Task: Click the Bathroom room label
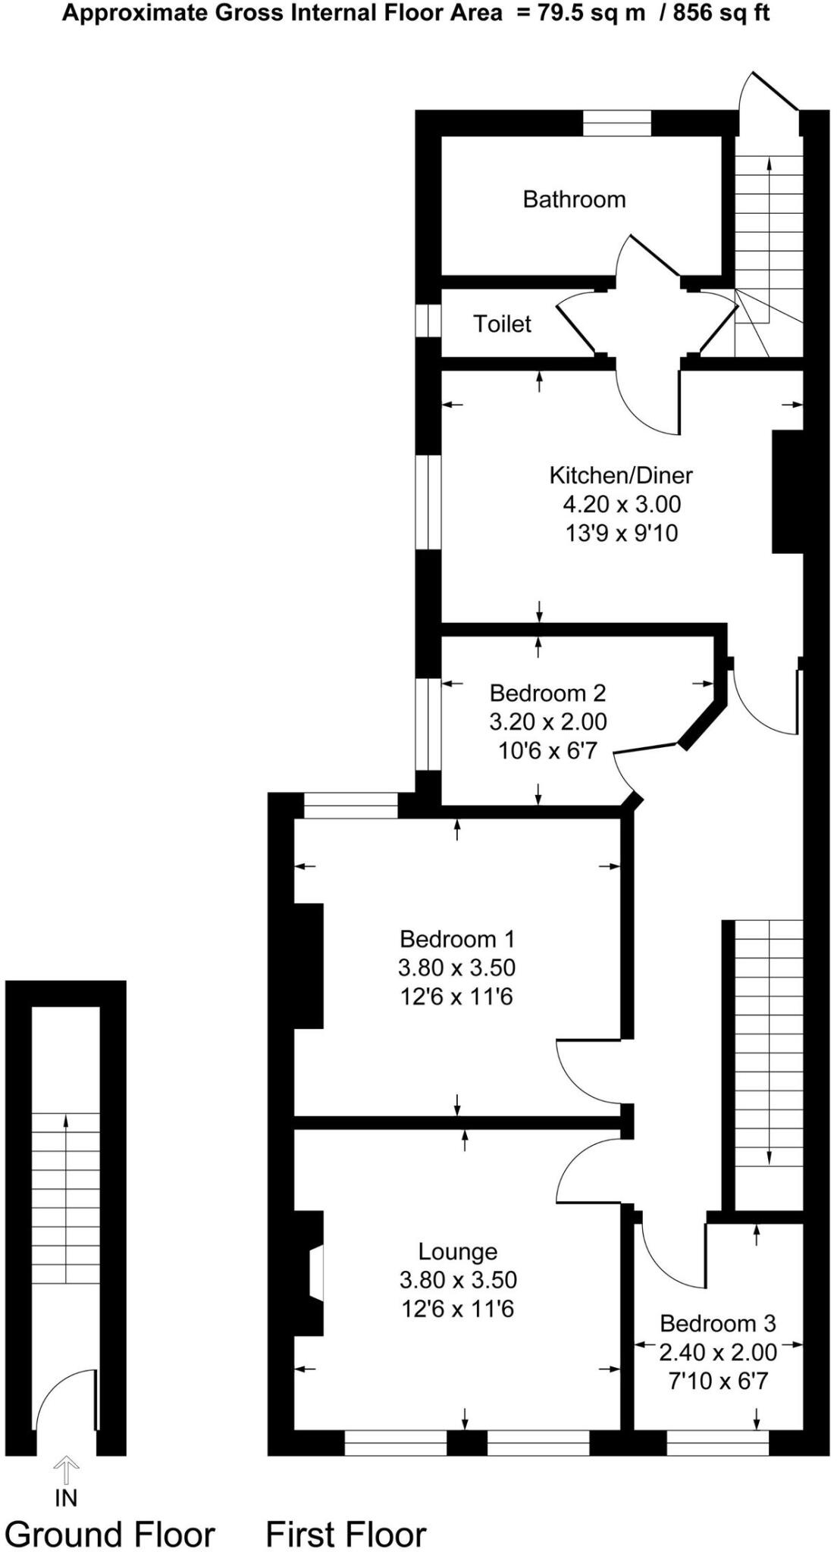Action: tap(574, 199)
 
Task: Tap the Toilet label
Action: tap(502, 324)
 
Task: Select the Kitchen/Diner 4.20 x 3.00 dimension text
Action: tap(622, 504)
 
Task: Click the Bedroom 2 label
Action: tap(547, 693)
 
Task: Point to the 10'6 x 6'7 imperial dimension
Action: tap(547, 750)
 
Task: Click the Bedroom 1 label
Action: tap(456, 939)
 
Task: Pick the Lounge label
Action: tap(457, 1251)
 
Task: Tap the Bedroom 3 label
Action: tap(717, 1323)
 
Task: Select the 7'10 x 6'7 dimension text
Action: tap(717, 1381)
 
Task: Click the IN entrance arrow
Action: tap(66, 1472)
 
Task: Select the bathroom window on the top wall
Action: tap(616, 123)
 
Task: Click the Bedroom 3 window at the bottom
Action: tap(717, 1443)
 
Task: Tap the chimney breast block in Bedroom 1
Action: tap(308, 965)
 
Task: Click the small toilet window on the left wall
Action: tap(428, 320)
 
